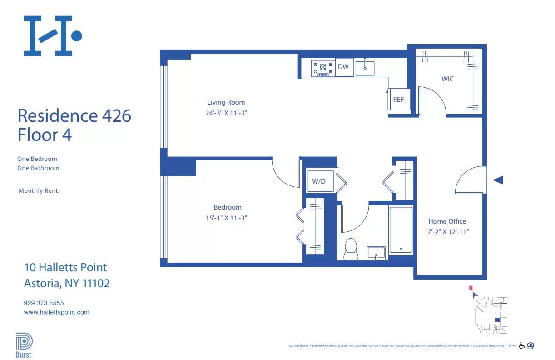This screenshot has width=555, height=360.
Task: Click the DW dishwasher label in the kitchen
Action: pyautogui.click(x=343, y=67)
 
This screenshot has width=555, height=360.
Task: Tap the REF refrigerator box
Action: pyautogui.click(x=398, y=99)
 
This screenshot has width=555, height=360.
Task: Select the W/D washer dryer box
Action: pyautogui.click(x=319, y=181)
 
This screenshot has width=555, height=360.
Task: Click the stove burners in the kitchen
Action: pyautogui.click(x=323, y=68)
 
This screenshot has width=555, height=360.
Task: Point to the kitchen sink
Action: pyautogui.click(x=365, y=68)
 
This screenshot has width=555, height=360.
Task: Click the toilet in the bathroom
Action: pyautogui.click(x=351, y=249)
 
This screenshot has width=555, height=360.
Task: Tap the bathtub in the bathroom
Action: pyautogui.click(x=401, y=230)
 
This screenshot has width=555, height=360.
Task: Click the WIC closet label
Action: pyautogui.click(x=447, y=79)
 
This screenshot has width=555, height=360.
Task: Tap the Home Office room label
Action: pyautogui.click(x=447, y=221)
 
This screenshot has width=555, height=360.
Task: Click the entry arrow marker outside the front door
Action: pyautogui.click(x=498, y=180)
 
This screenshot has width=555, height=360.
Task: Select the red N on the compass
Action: pyautogui.click(x=471, y=288)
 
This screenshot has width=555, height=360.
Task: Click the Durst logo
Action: pyautogui.click(x=24, y=345)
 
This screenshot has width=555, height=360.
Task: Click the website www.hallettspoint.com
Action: pyautogui.click(x=56, y=312)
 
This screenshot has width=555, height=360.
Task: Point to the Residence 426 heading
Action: pyautogui.click(x=74, y=115)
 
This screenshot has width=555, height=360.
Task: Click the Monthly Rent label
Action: pyautogui.click(x=39, y=191)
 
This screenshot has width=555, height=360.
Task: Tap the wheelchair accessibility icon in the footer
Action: pyautogui.click(x=522, y=345)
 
